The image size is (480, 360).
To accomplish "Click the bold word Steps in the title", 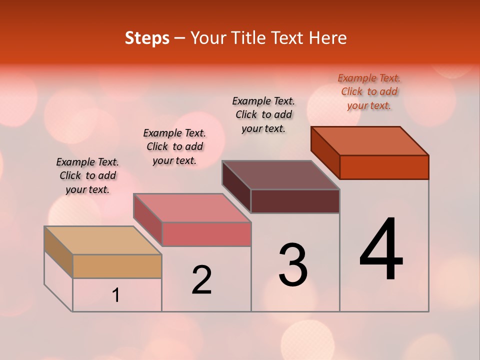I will pos(147,38).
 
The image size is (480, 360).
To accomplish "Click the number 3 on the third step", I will pos(293,265).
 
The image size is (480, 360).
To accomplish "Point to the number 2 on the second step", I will pos(201,280).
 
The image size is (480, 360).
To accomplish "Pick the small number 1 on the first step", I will pos(116,295).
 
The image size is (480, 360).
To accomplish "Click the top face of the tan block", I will pos(102,240).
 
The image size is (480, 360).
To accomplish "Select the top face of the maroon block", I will pos(281,175).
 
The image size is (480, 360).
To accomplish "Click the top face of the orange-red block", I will pos(370,141).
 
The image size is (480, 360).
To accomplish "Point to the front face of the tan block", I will pos(117,266).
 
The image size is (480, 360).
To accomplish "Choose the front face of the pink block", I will pos(206,234).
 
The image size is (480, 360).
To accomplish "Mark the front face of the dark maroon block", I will pos(295,201).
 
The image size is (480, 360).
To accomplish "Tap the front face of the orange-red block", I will pos(384,167).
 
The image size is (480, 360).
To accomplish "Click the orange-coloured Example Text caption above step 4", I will pos(369,91).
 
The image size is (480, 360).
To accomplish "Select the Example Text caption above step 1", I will pos(87,175).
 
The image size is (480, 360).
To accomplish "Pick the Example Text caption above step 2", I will pos(174,146).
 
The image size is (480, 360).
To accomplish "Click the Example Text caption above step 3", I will pos(263,114).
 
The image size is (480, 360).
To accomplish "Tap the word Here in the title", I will pos(328,38).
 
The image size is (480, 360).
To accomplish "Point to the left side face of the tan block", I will pos(58,252).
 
